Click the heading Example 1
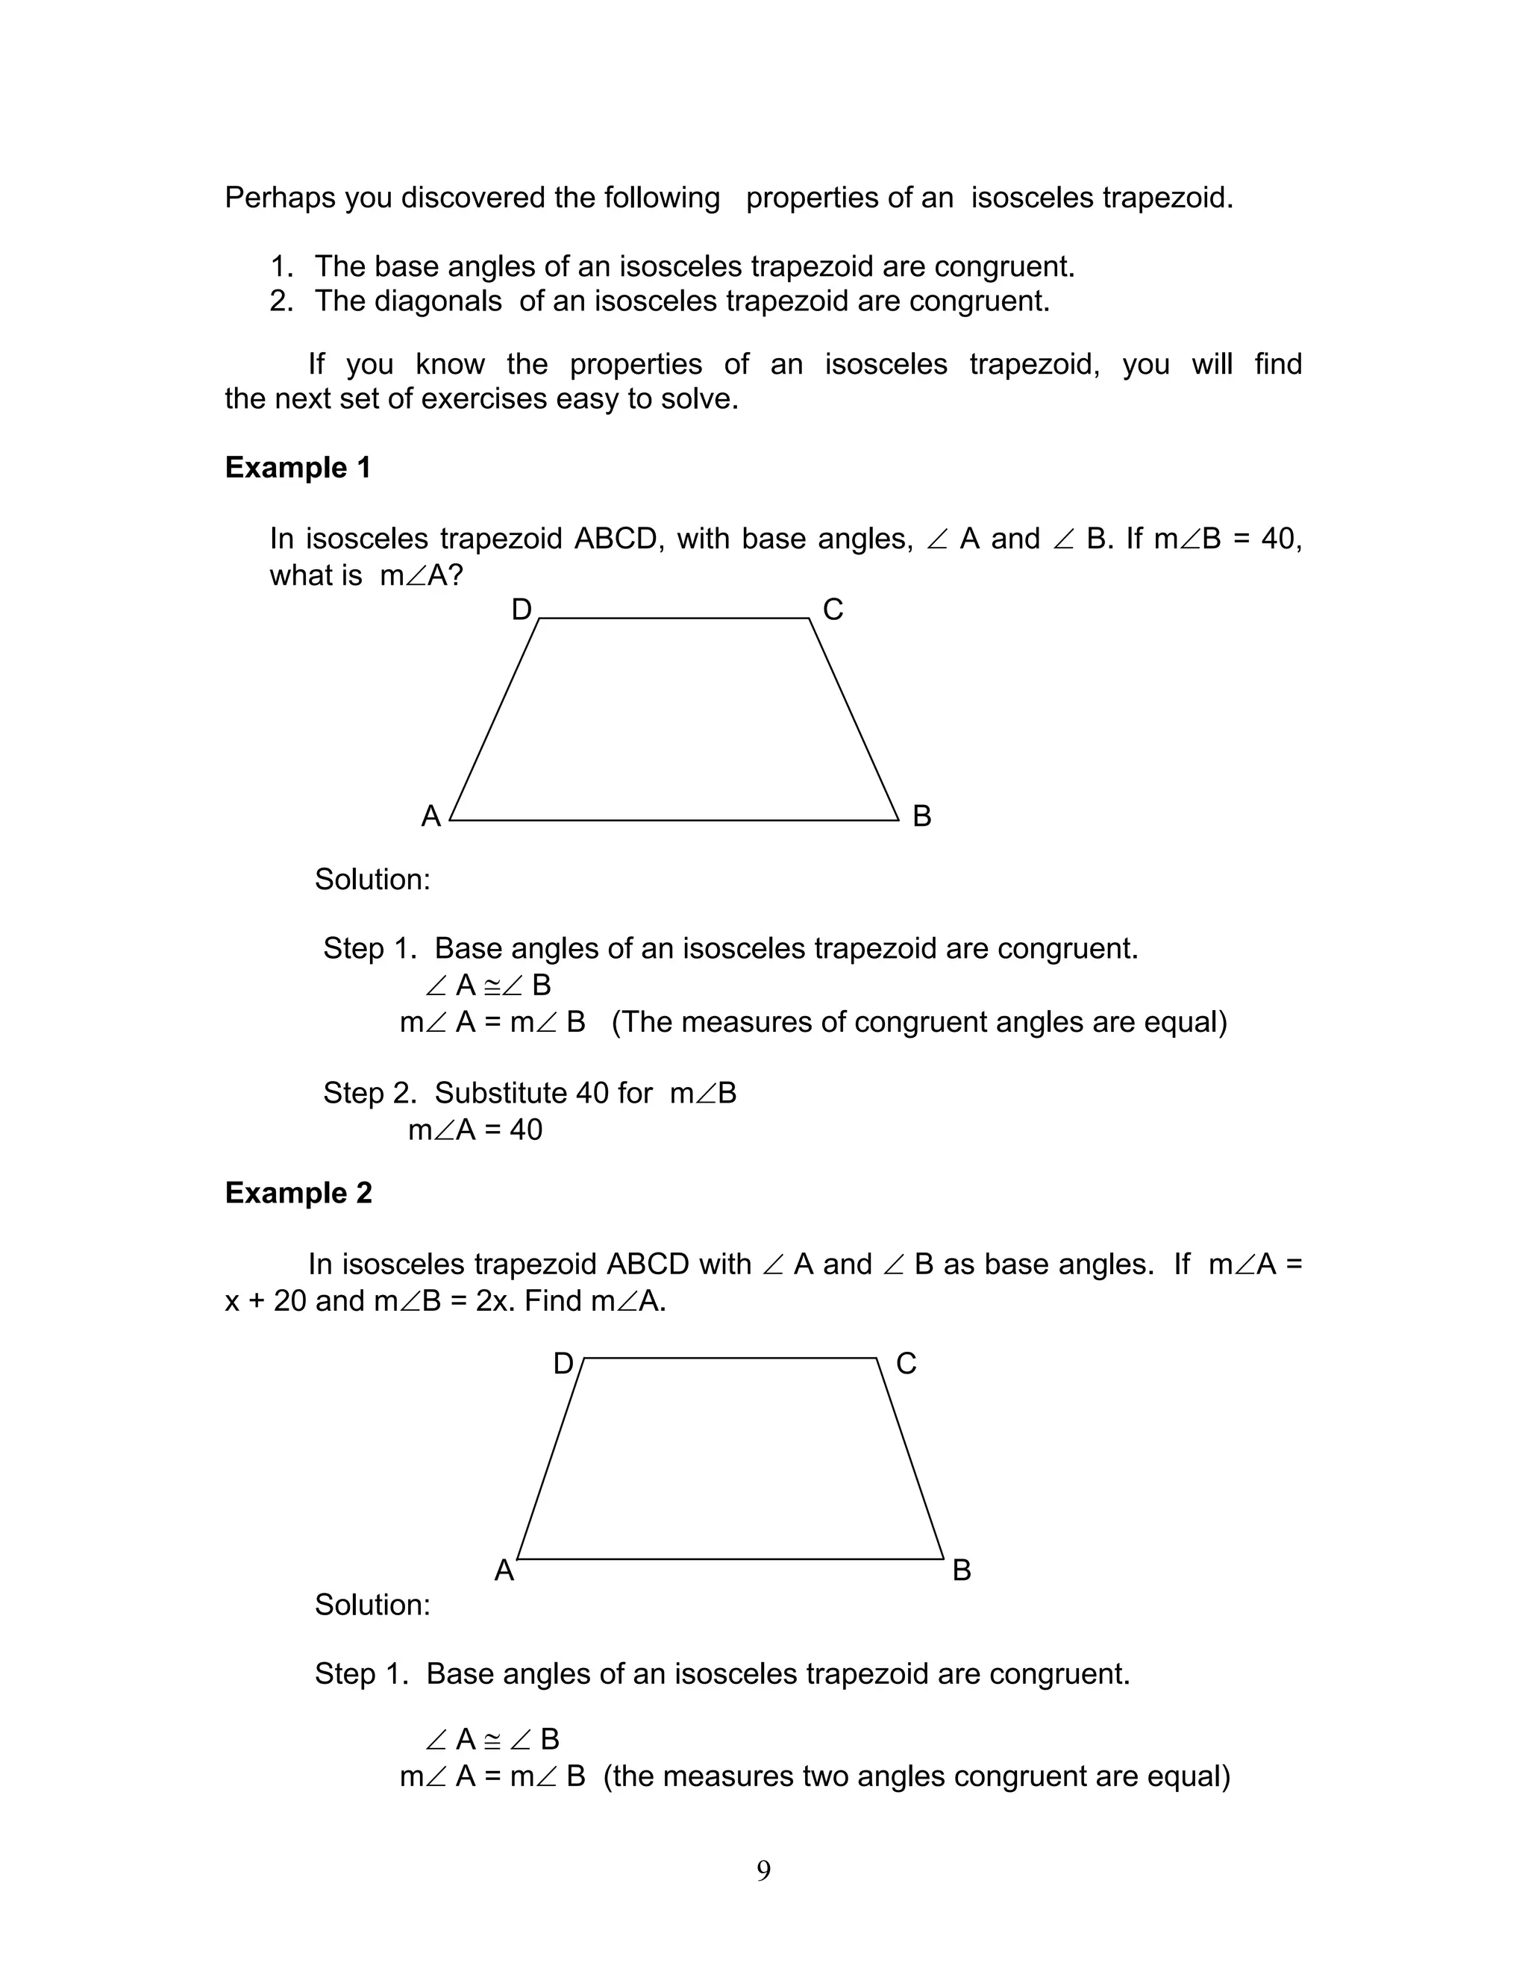tap(298, 468)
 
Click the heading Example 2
tap(298, 1193)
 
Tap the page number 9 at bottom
tap(763, 1870)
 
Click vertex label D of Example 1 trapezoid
tap(522, 610)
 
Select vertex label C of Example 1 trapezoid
tap(833, 610)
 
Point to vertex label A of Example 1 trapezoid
tap(431, 816)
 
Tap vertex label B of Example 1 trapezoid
tap(921, 816)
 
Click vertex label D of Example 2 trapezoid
tap(563, 1363)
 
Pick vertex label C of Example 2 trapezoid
tap(906, 1363)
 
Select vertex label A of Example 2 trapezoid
tap(504, 1570)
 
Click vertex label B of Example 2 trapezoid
tap(961, 1570)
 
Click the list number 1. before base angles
tap(281, 267)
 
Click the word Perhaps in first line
tap(280, 198)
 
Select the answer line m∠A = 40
tap(475, 1130)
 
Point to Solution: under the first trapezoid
tap(372, 880)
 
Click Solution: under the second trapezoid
tap(372, 1605)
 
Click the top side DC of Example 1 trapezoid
tap(674, 618)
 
